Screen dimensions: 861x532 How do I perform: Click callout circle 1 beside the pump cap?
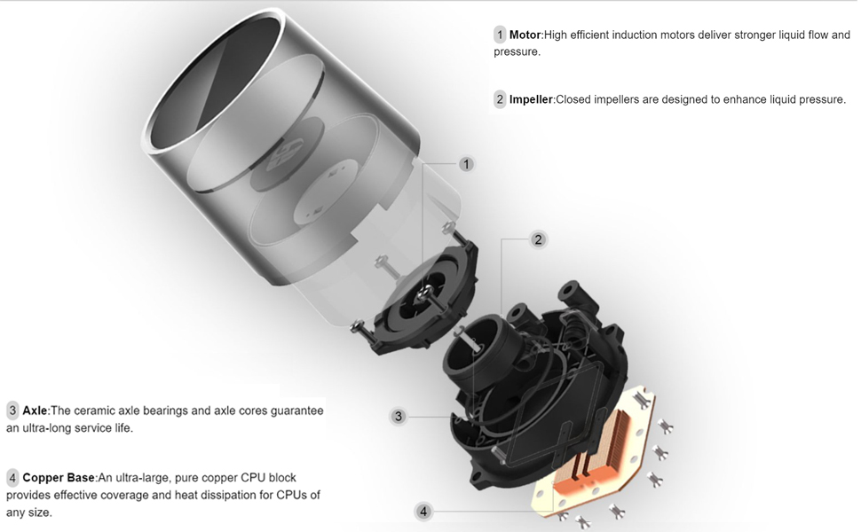pos(467,164)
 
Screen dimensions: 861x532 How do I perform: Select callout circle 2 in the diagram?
pos(537,239)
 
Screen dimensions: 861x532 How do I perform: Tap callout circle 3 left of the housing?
pos(399,416)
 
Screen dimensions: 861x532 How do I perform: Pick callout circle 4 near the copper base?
pos(423,512)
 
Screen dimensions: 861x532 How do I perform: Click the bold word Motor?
pos(525,35)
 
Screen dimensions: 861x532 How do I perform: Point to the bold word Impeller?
pos(531,99)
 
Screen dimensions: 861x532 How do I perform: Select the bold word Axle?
pos(34,411)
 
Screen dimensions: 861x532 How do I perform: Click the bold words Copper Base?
pos(59,477)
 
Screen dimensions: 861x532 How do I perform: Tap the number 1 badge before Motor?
pos(500,35)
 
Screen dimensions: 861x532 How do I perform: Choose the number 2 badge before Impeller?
pos(500,99)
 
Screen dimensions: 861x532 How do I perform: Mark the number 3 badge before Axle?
pos(12,411)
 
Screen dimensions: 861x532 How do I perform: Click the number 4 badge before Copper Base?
pos(12,477)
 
